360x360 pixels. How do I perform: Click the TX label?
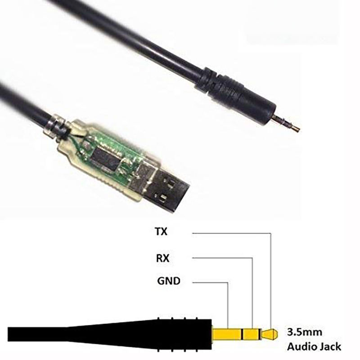[x=162, y=231]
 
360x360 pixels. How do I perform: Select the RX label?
[x=162, y=258]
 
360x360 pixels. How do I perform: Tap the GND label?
[x=169, y=281]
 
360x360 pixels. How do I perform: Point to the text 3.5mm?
[x=305, y=332]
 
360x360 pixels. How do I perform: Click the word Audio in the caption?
[x=301, y=346]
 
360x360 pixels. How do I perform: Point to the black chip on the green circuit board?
[x=106, y=159]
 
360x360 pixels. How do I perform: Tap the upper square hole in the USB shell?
[x=171, y=183]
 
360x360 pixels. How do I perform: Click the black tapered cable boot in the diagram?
[x=110, y=335]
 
